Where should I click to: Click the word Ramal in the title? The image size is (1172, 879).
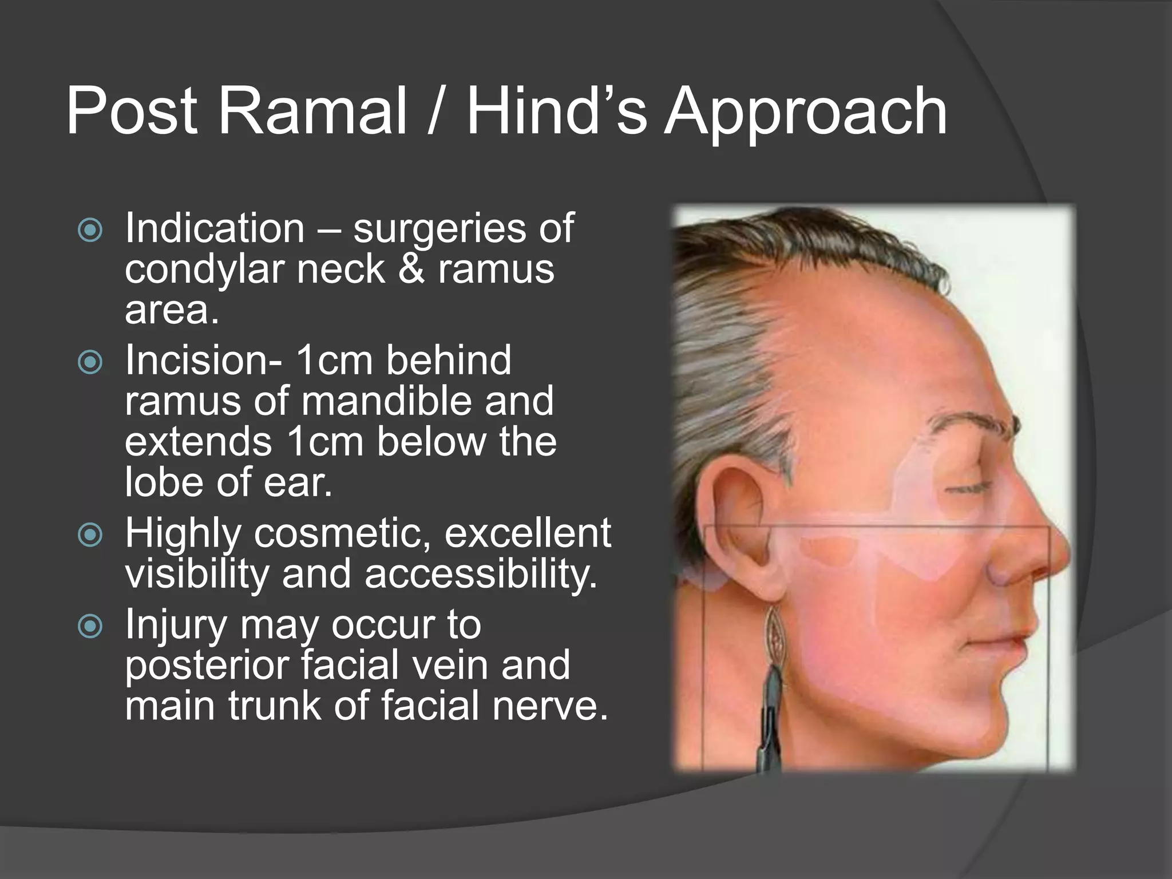[x=312, y=110]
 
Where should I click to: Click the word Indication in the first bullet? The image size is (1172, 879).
[x=215, y=228]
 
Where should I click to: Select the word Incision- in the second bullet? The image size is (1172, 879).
[x=203, y=361]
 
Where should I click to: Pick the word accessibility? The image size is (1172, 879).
[x=481, y=574]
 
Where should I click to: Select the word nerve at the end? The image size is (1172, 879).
[x=549, y=706]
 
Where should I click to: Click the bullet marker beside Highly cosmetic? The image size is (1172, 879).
[x=90, y=534]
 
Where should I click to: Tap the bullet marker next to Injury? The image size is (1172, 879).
[x=90, y=627]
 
